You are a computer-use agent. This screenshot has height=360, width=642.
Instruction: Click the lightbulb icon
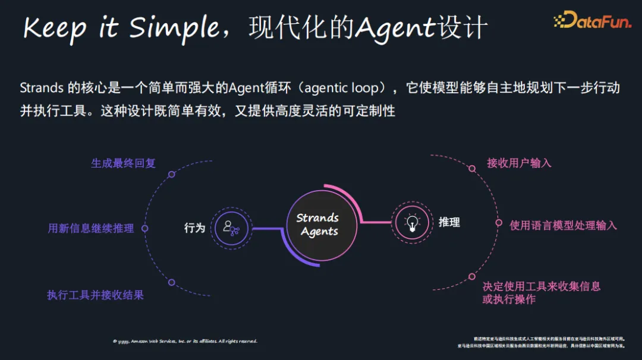point(412,223)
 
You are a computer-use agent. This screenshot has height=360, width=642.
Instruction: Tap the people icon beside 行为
point(231,227)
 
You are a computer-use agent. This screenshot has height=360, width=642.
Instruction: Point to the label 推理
point(449,222)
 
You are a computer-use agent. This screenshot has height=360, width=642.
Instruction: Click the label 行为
point(194,228)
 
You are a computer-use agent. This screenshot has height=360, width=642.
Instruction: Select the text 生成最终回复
point(123,163)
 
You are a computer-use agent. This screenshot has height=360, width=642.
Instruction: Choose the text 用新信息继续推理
point(90,228)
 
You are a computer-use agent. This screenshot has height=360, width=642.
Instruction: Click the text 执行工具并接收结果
point(95,295)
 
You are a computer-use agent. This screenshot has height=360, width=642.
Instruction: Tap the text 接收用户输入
point(519,163)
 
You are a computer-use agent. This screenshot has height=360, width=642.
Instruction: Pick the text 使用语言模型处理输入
point(563,225)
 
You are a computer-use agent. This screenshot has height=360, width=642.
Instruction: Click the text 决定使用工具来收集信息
point(541,286)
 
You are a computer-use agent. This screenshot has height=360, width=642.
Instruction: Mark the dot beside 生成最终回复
point(171,174)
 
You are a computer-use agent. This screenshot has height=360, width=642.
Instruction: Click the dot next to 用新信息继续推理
point(144,228)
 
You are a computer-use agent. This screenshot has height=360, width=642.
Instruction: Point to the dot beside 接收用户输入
point(471,169)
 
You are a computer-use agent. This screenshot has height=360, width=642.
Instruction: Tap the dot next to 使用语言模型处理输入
point(499,223)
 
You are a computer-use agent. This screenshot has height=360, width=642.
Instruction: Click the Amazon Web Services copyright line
point(185,341)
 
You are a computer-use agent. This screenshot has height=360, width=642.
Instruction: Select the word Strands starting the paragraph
point(42,88)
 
